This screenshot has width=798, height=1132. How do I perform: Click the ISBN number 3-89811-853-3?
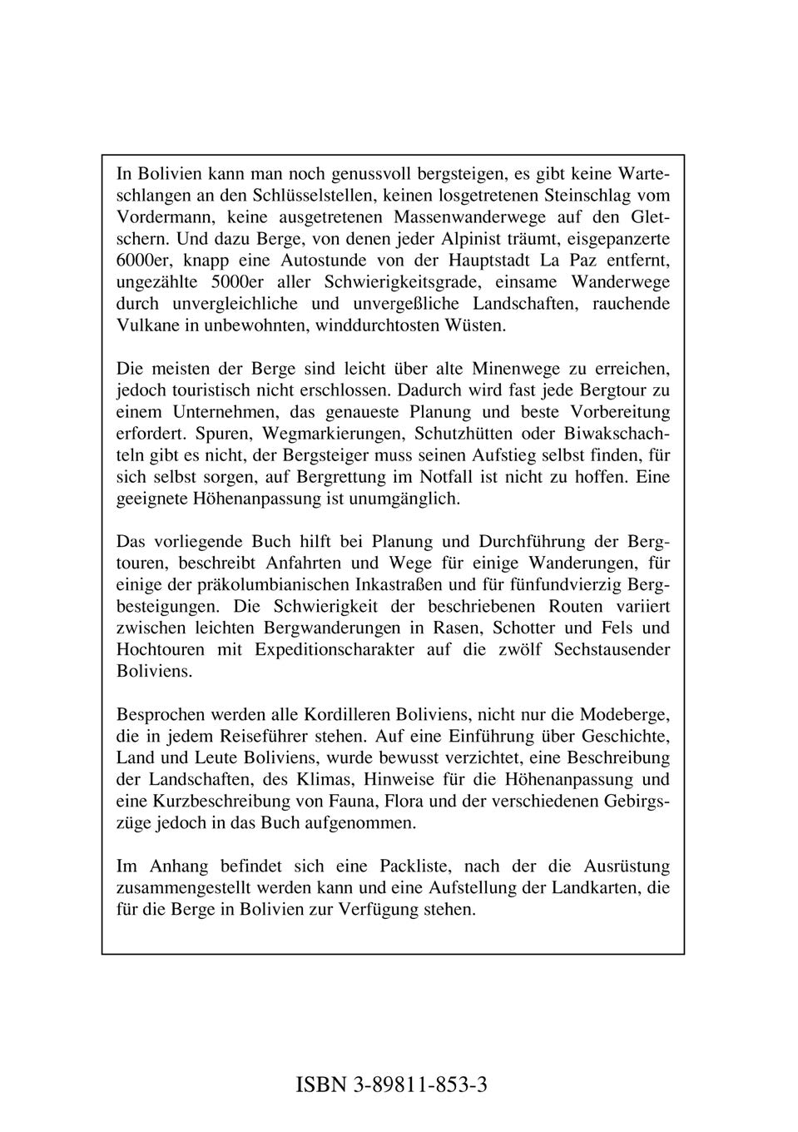420,1085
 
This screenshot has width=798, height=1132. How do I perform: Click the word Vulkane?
146,325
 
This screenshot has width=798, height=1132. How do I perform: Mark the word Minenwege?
514,369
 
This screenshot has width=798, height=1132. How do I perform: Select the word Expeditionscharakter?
334,650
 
